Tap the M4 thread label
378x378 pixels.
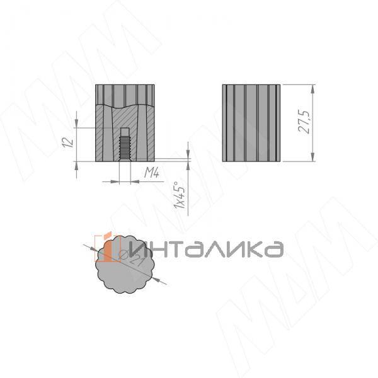click(151, 172)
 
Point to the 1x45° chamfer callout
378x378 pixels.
click(180, 195)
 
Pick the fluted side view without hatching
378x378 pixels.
click(251, 122)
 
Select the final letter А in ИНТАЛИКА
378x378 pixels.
click(273, 249)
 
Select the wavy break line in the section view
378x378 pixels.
click(125, 105)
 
